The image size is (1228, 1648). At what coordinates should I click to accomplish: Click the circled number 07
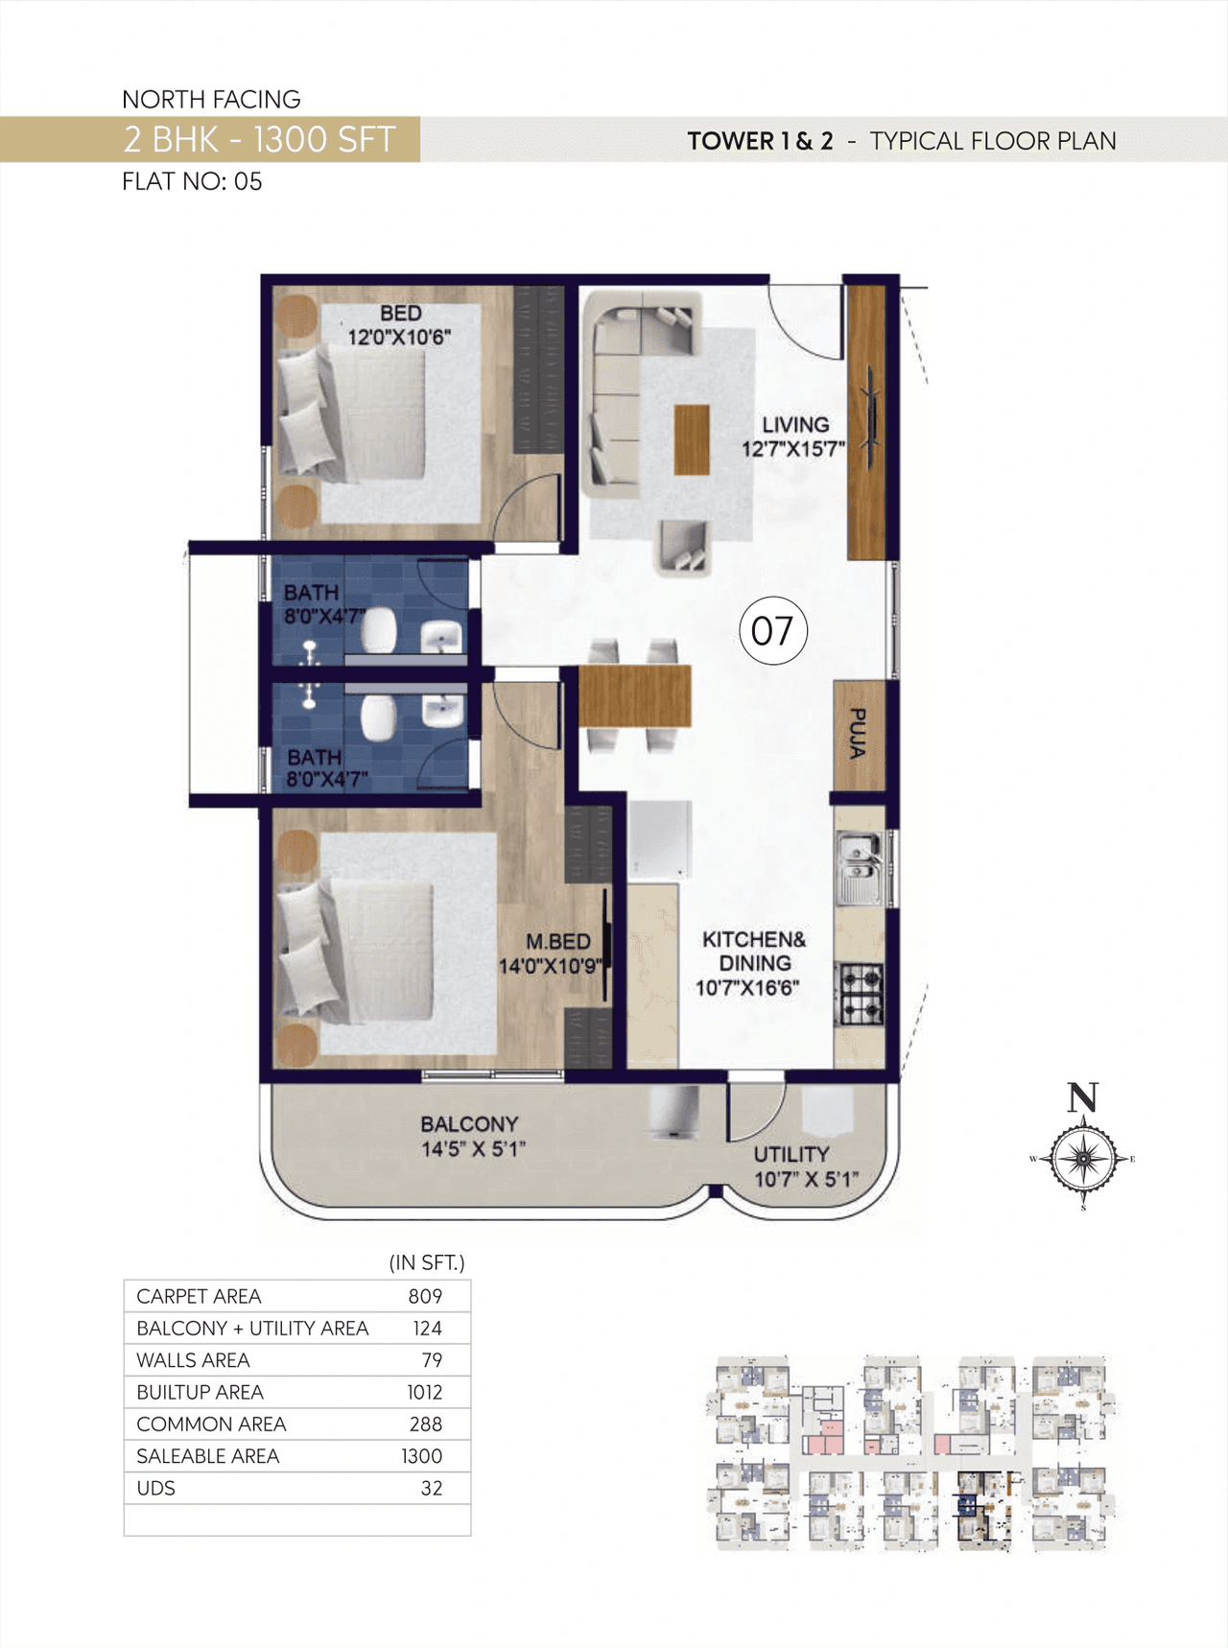[x=772, y=630]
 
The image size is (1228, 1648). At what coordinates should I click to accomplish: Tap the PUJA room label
[x=859, y=734]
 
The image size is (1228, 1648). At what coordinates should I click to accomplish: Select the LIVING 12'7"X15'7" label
[x=793, y=436]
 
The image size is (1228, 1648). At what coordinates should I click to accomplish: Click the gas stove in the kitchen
[x=861, y=993]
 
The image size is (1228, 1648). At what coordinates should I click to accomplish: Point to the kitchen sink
[x=859, y=868]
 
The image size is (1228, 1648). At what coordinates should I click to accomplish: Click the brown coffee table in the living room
[x=692, y=439]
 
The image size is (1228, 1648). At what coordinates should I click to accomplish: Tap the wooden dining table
[x=634, y=695]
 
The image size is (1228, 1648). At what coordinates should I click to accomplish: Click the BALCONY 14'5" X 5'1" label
[x=472, y=1136]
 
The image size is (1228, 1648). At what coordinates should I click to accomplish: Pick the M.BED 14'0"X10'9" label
[x=553, y=953]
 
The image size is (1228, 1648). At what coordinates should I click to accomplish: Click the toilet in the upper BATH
[x=379, y=630]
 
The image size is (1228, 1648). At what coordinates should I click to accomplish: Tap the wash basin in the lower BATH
[x=442, y=711]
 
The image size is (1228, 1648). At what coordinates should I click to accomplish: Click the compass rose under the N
[x=1083, y=1159]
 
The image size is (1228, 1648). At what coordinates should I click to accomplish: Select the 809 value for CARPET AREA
[x=425, y=1296]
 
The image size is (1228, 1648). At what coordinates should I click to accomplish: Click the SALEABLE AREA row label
[x=207, y=1456]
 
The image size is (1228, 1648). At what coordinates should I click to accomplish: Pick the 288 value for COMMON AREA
[x=425, y=1424]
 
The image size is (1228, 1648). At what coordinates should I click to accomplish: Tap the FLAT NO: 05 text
[x=192, y=181]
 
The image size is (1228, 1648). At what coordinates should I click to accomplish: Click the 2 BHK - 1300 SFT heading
[x=259, y=140]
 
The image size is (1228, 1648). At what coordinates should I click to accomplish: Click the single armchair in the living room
[x=683, y=548]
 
